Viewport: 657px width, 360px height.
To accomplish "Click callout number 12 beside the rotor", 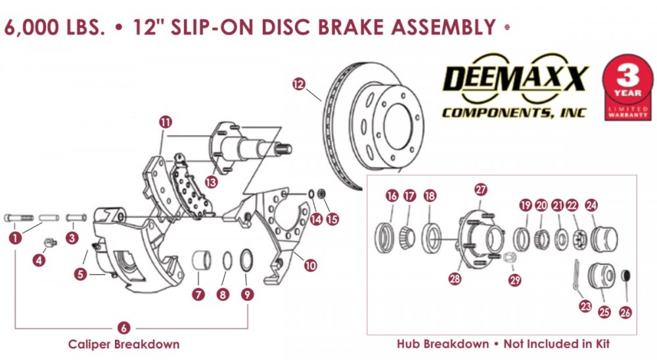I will point(299,83).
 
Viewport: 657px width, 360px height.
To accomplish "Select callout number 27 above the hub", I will point(481,189).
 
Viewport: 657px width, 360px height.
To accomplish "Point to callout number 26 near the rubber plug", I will point(625,313).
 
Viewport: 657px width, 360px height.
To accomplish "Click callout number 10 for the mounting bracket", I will point(310,265).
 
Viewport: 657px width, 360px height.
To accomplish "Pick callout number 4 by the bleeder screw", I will point(40,261).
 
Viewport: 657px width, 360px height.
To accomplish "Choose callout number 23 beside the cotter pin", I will point(585,305).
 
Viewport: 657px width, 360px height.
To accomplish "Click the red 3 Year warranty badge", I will point(627,86).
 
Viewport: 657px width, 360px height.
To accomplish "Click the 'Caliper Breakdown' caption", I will point(124,344).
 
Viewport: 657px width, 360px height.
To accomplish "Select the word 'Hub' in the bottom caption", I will point(409,344).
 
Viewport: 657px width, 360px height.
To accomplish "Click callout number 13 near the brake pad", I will point(211,181).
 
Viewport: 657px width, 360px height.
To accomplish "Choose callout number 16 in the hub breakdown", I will point(392,196).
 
